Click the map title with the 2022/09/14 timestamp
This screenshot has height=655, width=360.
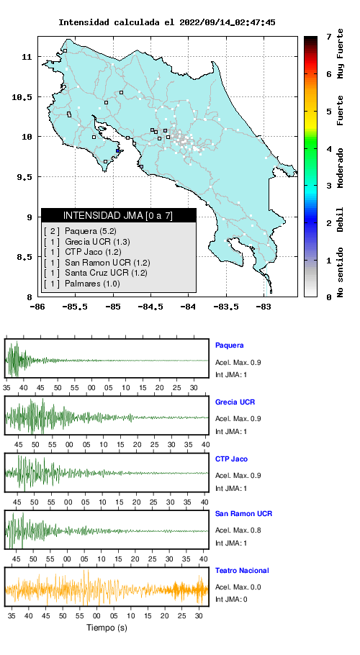pos(166,22)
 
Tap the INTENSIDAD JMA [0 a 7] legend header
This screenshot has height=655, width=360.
pos(118,215)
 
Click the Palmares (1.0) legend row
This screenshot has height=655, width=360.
pos(82,284)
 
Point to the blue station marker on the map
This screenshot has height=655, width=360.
pos(118,151)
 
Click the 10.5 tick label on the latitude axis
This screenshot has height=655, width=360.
pos(22,97)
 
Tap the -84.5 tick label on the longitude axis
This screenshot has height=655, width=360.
pos(150,307)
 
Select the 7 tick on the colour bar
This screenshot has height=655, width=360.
pos(329,37)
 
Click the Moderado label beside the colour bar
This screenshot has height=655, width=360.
pos(341,168)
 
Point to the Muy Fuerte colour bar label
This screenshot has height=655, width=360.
pos(341,53)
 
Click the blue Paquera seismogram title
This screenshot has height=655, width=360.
pos(229,345)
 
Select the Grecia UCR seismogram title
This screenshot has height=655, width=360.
pos(235,402)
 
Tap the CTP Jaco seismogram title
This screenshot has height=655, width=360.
pos(231,459)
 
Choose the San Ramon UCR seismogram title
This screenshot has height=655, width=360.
pos(243,514)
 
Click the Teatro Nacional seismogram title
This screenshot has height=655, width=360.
pos(242,571)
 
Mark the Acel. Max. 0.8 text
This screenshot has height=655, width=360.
pos(238,530)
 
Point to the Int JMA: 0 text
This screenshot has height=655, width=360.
pos(231,600)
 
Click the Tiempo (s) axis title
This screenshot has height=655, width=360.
pos(107,628)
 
